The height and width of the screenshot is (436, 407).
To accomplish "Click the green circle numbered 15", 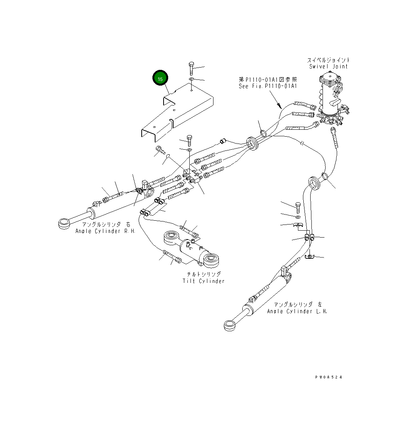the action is pyautogui.click(x=160, y=78).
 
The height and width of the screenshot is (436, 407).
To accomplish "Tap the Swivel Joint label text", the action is pyautogui.click(x=329, y=67).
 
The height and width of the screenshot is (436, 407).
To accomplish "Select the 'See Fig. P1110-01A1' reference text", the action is pyautogui.click(x=268, y=86).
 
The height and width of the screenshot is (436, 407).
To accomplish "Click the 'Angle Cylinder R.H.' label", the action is pyautogui.click(x=105, y=231).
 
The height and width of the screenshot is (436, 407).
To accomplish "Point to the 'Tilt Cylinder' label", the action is pyautogui.click(x=203, y=281).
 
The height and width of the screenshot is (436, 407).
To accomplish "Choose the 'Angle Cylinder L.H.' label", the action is pyautogui.click(x=297, y=311).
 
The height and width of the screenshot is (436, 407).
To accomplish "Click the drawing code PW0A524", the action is pyautogui.click(x=329, y=377).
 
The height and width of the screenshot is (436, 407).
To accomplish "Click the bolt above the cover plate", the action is pyautogui.click(x=191, y=68).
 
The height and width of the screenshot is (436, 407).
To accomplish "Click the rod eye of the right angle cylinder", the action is pyautogui.click(x=65, y=223).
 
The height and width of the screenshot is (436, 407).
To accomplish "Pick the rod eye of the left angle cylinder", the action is pyautogui.click(x=230, y=325).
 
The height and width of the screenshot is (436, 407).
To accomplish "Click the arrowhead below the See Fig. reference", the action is pyautogui.click(x=279, y=106).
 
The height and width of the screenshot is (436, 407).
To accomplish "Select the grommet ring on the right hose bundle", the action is pyautogui.click(x=314, y=183).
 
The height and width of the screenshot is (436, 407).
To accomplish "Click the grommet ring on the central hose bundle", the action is pyautogui.click(x=253, y=144).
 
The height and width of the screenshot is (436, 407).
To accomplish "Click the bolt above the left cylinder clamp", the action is pyautogui.click(x=298, y=208).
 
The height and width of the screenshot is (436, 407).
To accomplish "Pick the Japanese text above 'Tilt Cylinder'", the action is pyautogui.click(x=203, y=274).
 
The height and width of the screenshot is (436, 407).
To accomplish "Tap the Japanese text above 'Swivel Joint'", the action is pyautogui.click(x=328, y=60).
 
